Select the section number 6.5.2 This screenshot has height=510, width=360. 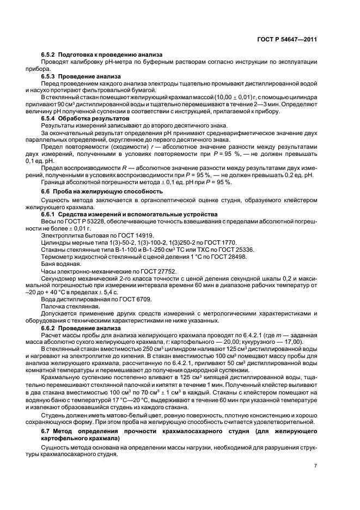point(50,54)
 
